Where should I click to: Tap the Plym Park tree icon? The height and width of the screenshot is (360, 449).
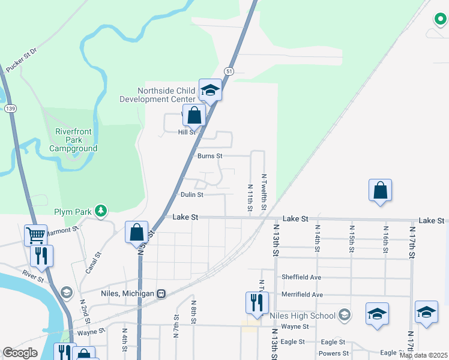pyautogui.click(x=103, y=211)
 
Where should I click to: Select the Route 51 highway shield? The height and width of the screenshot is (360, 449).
pyautogui.click(x=229, y=71)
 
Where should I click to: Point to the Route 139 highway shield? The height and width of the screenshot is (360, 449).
pyautogui.click(x=10, y=108)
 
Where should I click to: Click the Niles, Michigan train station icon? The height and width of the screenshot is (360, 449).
pyautogui.click(x=161, y=293)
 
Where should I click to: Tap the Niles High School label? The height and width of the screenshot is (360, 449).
pyautogui.click(x=303, y=316)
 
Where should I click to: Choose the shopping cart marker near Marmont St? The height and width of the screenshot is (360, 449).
pyautogui.click(x=36, y=235)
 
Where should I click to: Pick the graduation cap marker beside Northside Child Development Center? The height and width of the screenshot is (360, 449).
pyautogui.click(x=210, y=90)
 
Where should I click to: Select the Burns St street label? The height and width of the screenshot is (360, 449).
pyautogui.click(x=210, y=156)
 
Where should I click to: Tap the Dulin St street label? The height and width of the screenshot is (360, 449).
pyautogui.click(x=192, y=194)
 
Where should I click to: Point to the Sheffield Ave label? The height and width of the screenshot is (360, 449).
pyautogui.click(x=301, y=277)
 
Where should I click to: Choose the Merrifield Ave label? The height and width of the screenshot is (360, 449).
pyautogui.click(x=303, y=295)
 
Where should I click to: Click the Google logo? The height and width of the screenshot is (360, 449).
pyautogui.click(x=19, y=353)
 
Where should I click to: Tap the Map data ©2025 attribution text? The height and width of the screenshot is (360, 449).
pyautogui.click(x=423, y=355)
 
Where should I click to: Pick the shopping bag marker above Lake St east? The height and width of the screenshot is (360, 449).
pyautogui.click(x=380, y=190)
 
